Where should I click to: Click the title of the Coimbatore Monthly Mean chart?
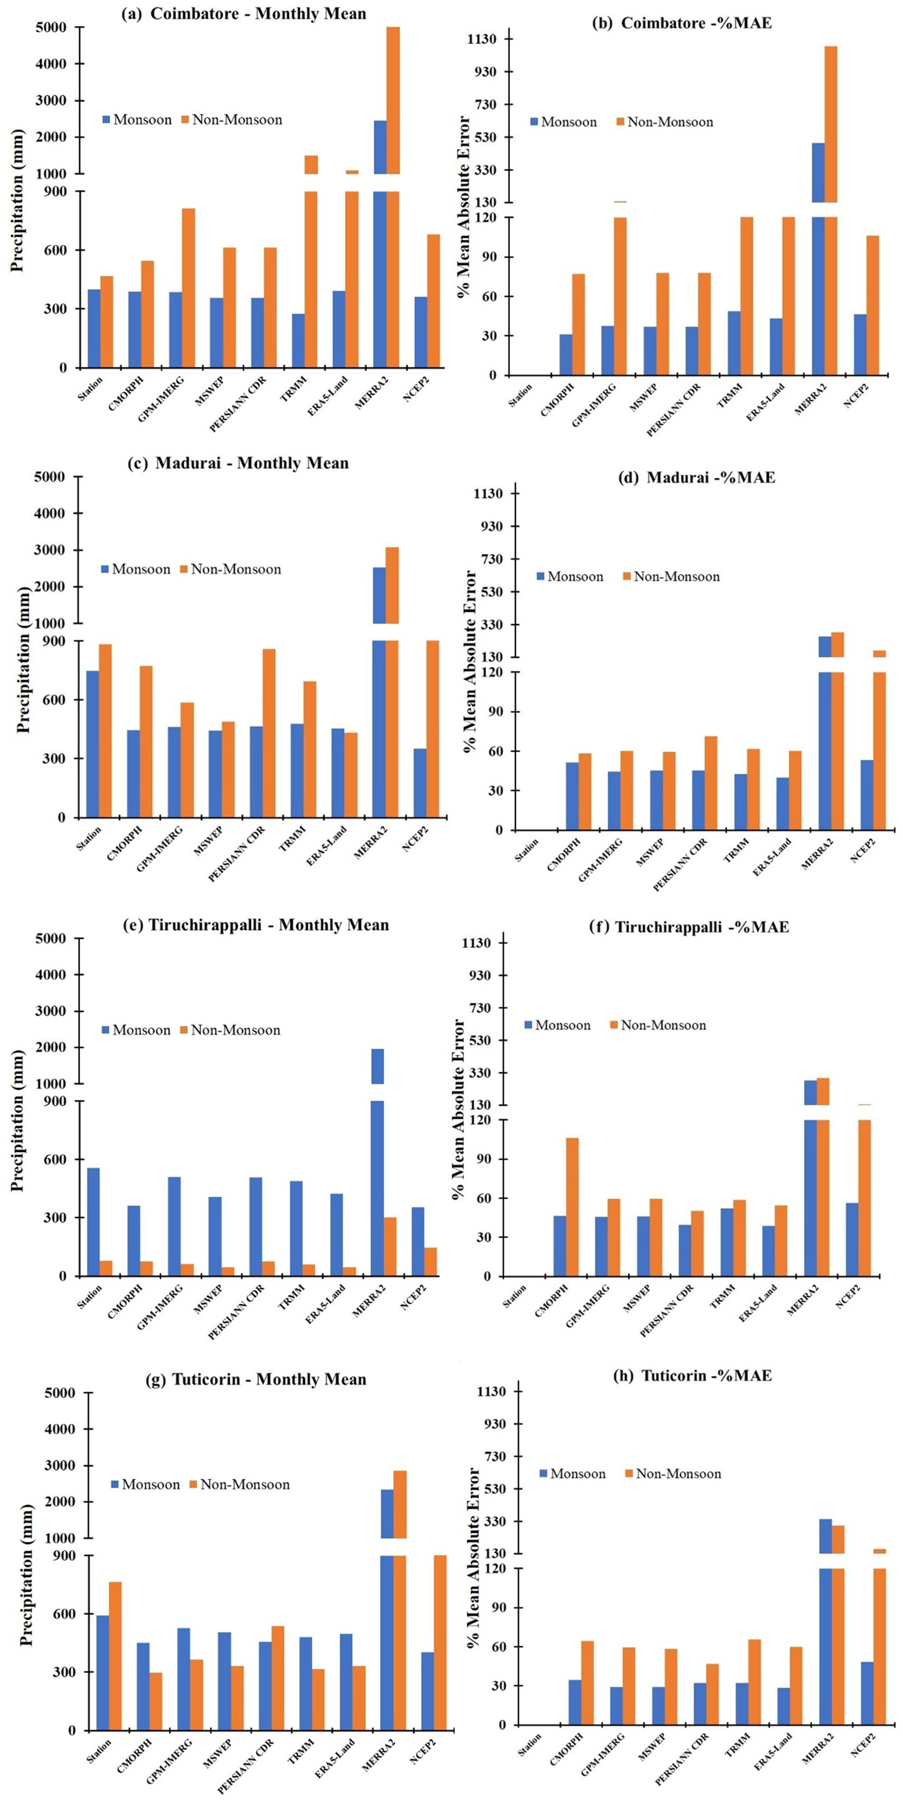[243, 13]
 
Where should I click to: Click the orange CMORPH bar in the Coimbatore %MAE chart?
[579, 324]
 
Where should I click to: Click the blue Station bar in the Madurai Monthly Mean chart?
[92, 744]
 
